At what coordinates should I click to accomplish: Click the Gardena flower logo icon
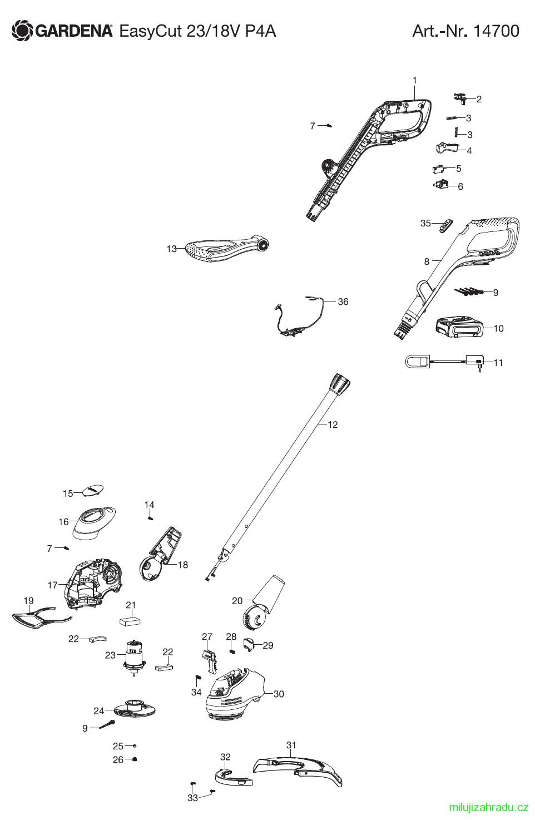point(22,31)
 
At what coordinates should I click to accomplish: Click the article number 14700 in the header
point(496,31)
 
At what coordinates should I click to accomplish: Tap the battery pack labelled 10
point(459,327)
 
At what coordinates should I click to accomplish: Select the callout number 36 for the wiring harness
point(343,302)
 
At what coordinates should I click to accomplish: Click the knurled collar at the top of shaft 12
point(340,384)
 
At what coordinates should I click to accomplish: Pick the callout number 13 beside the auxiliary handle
point(172,249)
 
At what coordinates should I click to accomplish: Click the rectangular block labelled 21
point(130,621)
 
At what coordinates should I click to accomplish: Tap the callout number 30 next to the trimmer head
point(279,694)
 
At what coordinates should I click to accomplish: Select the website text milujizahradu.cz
point(488,807)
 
